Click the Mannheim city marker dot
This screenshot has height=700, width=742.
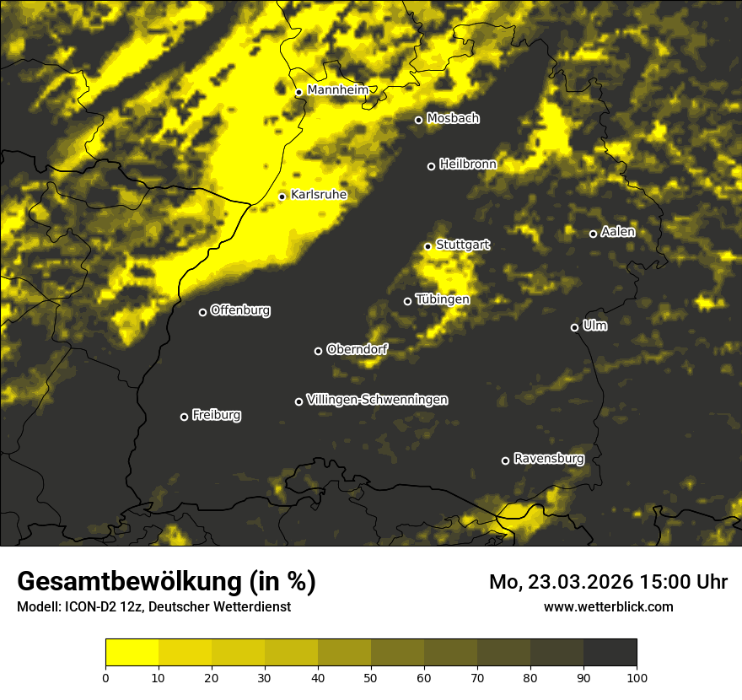[298, 93]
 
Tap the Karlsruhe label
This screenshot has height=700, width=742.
[319, 195]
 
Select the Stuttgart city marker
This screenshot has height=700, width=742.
[427, 246]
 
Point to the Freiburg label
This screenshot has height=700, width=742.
[216, 415]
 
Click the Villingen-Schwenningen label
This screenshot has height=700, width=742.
[377, 400]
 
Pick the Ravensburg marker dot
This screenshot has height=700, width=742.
[505, 460]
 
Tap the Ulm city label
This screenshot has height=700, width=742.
[594, 326]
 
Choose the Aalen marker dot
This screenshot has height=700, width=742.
[593, 234]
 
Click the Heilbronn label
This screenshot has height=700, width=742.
[468, 164]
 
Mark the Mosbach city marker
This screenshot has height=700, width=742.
[418, 120]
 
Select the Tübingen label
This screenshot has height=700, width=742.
[443, 299]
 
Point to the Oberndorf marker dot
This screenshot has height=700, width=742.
[318, 351]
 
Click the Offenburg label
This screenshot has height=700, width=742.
[240, 310]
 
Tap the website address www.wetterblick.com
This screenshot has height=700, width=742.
[608, 606]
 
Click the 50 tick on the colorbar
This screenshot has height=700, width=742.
[371, 676]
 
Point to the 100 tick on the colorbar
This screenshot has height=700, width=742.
[637, 676]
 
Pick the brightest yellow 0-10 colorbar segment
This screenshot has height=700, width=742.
[132, 653]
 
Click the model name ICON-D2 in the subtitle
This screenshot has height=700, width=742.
[88, 607]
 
